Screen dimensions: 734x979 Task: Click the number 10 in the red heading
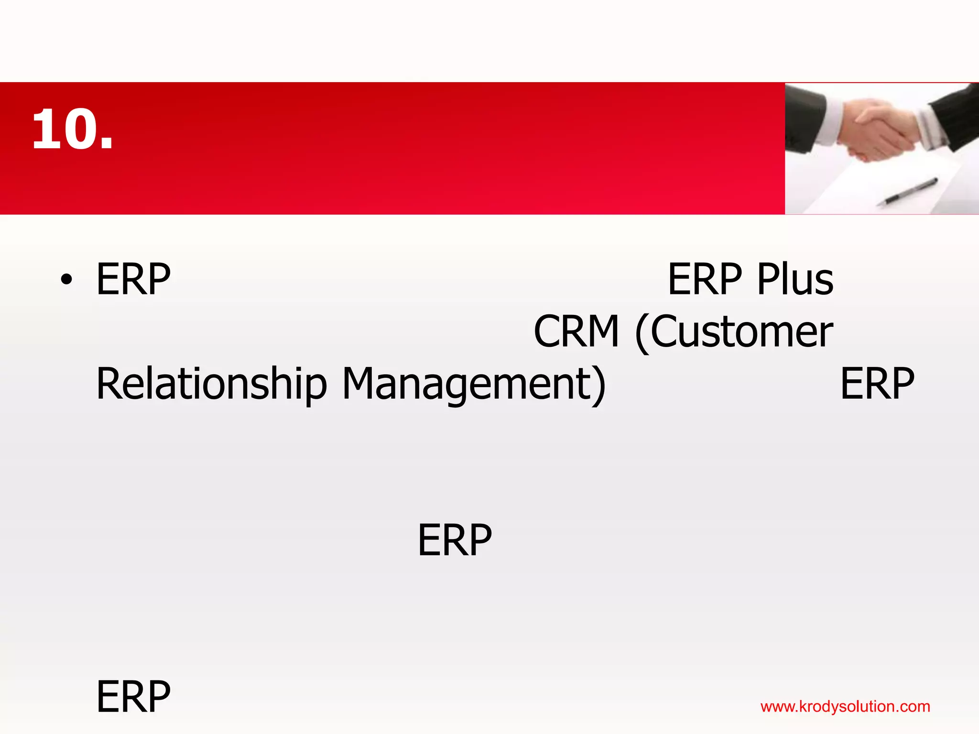65,129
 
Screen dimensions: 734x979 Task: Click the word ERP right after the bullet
133,280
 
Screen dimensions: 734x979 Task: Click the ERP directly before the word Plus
704,280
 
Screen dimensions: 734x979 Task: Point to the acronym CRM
576,332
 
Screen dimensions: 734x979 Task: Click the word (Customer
734,332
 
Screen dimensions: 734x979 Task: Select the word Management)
474,384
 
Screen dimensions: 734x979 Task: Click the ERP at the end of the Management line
877,384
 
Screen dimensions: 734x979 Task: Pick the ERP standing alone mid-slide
454,540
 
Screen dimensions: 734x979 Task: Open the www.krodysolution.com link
845,707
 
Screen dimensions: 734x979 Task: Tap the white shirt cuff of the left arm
832,122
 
